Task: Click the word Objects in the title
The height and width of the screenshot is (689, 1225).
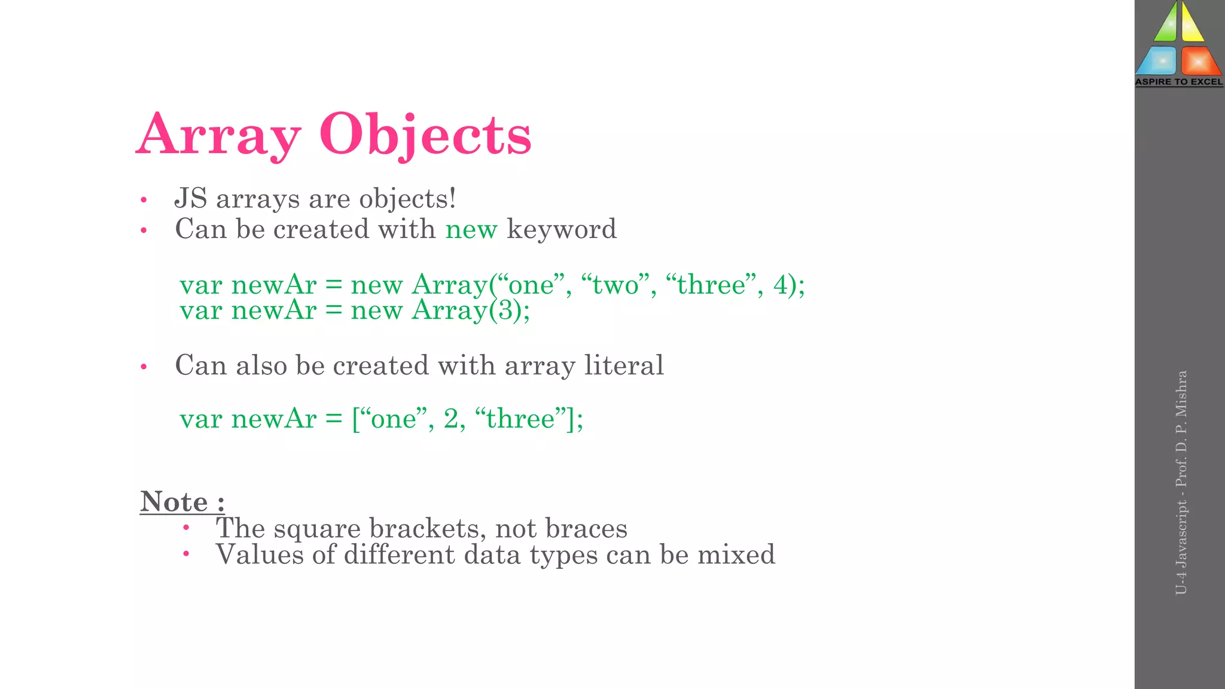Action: pyautogui.click(x=425, y=135)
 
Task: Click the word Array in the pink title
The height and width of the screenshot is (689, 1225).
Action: pyautogui.click(x=219, y=135)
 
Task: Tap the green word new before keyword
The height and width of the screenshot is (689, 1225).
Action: pyautogui.click(x=471, y=230)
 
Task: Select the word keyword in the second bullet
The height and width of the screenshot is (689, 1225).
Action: pyautogui.click(x=562, y=230)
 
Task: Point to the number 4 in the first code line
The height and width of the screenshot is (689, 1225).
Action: pyautogui.click(x=780, y=285)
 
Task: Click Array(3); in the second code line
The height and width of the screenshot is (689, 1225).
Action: pyautogui.click(x=471, y=311)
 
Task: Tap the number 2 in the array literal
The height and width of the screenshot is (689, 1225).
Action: pyautogui.click(x=451, y=419)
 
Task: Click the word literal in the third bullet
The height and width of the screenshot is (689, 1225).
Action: pyautogui.click(x=624, y=365)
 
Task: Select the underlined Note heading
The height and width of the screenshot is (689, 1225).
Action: pyautogui.click(x=182, y=502)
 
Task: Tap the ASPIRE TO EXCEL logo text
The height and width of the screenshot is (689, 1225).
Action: pyautogui.click(x=1179, y=82)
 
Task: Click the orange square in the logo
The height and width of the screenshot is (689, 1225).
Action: pyautogui.click(x=1199, y=60)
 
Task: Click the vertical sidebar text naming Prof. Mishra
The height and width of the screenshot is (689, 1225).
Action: pyautogui.click(x=1181, y=482)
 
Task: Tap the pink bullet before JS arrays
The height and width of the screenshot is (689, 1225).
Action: pyautogui.click(x=144, y=200)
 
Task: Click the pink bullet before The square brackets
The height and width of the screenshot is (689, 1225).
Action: pyautogui.click(x=186, y=528)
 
